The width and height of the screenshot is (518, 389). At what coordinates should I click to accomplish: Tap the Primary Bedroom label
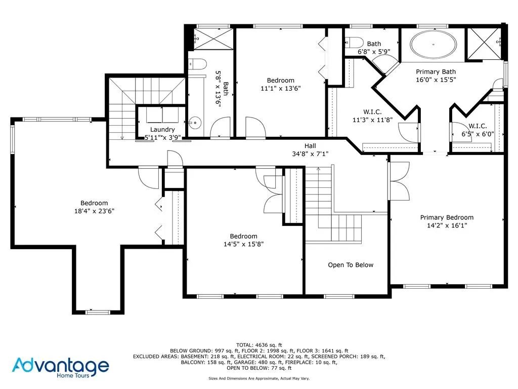447,218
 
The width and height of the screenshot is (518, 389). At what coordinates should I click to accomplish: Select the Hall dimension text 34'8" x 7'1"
310,153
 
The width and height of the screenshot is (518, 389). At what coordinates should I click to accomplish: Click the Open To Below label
351,265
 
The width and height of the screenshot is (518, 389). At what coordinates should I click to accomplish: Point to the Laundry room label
162,130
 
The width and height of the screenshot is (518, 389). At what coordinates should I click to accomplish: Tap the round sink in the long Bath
193,122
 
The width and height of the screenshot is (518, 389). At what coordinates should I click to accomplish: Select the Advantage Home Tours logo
61,367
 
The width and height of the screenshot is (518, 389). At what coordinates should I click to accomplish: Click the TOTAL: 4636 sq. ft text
258,344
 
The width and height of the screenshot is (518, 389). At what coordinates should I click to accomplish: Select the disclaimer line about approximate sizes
258,378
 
